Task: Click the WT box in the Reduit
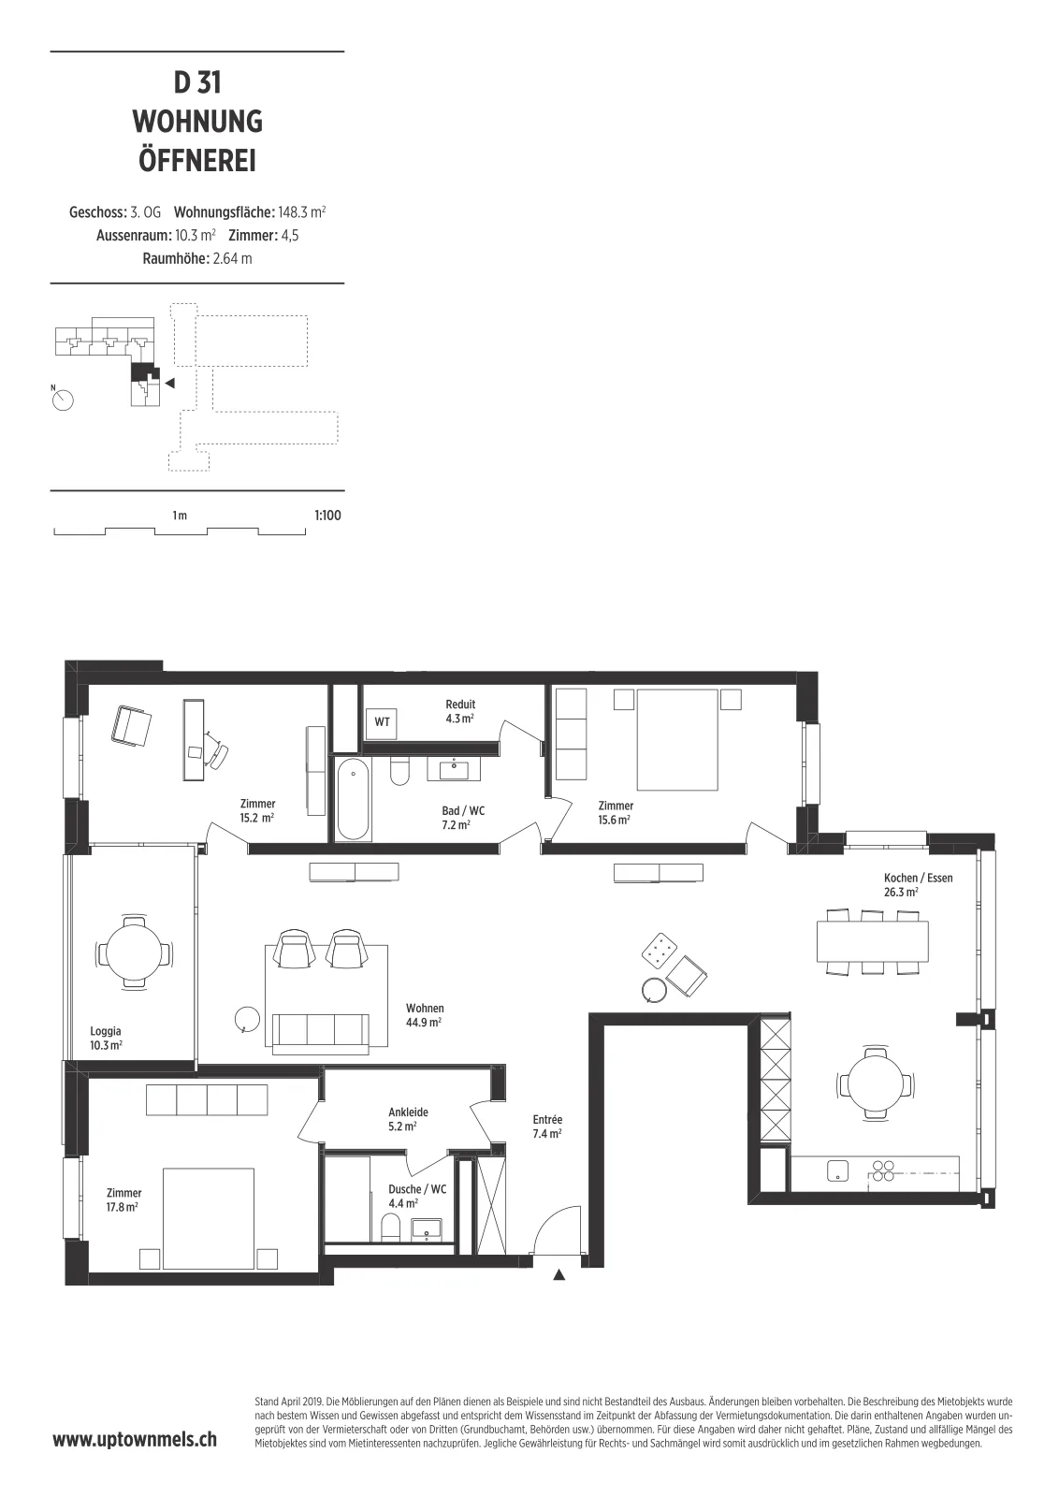coord(382,722)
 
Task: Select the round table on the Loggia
coord(135,952)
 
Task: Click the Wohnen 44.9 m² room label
coord(425,1015)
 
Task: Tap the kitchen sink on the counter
coord(837,1170)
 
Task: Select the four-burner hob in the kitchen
coord(883,1170)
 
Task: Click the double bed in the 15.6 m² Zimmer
coord(677,739)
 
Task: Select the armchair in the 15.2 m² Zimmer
coord(131,725)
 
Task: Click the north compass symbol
coord(63,400)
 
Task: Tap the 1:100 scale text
coord(327,516)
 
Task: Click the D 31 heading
coord(197,83)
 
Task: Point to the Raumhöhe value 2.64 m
coord(233,258)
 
